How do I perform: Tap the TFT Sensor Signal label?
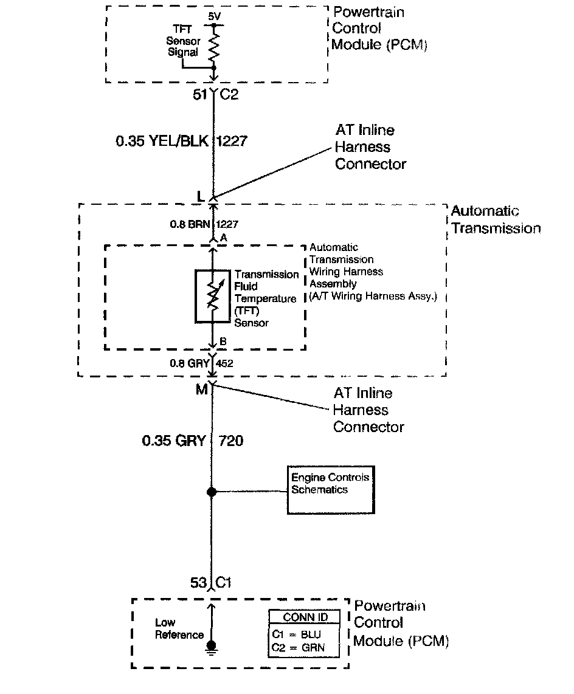click(184, 41)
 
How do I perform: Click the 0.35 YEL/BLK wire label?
click(162, 142)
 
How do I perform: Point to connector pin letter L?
click(200, 196)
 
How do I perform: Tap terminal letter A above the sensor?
click(223, 239)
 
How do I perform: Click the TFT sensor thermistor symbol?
click(212, 296)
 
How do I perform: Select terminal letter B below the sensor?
click(223, 343)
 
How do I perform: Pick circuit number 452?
click(224, 363)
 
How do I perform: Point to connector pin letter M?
click(201, 389)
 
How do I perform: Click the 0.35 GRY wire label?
click(173, 441)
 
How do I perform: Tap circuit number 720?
click(230, 441)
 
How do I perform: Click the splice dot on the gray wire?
click(212, 492)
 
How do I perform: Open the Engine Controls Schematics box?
click(330, 490)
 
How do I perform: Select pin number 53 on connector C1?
click(199, 583)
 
